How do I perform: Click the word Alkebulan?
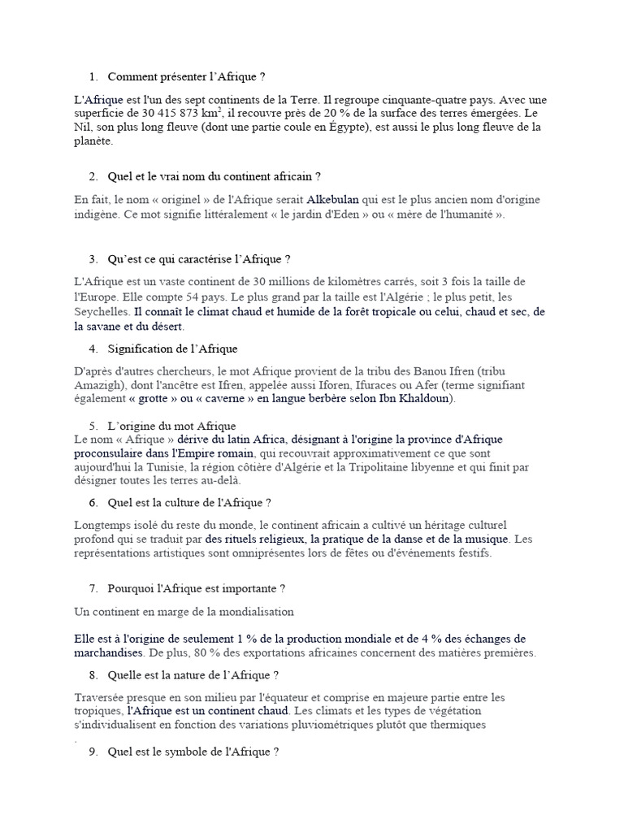(333, 199)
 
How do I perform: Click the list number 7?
(93, 587)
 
